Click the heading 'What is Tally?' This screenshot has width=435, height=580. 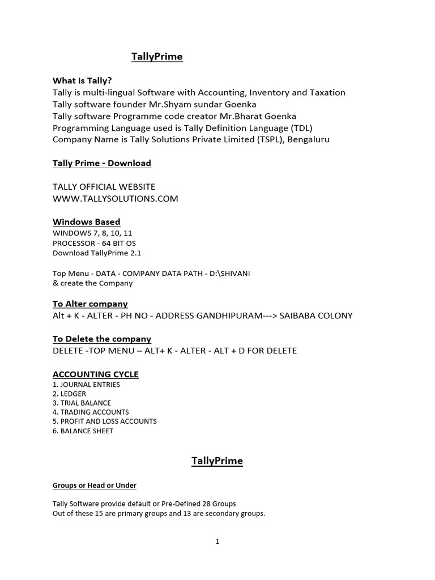click(x=82, y=80)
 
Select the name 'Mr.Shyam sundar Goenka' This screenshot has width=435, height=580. click(x=209, y=104)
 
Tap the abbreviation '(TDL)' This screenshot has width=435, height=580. click(x=300, y=127)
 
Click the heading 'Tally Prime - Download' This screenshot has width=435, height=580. click(x=102, y=163)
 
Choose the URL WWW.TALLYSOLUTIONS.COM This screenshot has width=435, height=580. click(x=116, y=198)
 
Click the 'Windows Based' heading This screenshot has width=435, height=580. click(x=87, y=221)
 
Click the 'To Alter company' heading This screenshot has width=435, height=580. click(x=90, y=304)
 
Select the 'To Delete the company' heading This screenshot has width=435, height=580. click(x=102, y=339)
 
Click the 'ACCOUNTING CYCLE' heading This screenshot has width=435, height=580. click(x=96, y=374)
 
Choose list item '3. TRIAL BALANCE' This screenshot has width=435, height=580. click(x=82, y=403)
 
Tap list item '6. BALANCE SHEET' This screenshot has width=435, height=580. click(x=83, y=430)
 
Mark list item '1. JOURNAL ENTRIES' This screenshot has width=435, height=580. click(x=86, y=384)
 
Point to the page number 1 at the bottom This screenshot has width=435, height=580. click(x=217, y=541)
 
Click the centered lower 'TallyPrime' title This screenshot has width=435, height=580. click(x=217, y=461)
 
